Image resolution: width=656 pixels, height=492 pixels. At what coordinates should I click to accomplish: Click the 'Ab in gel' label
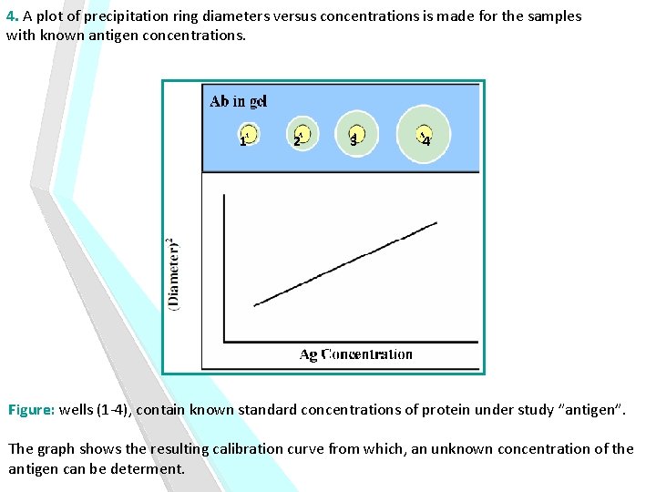(238, 101)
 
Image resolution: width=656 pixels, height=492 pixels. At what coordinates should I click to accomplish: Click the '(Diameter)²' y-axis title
(174, 274)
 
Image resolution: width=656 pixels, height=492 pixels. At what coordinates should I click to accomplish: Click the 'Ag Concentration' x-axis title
(355, 354)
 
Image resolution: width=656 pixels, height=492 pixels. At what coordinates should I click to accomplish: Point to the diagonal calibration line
(346, 264)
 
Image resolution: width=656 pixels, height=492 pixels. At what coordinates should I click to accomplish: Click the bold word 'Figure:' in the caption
(32, 410)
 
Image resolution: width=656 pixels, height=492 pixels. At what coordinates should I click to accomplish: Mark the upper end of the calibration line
(436, 223)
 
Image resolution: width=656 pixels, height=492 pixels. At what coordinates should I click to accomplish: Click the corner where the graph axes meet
(225, 343)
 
